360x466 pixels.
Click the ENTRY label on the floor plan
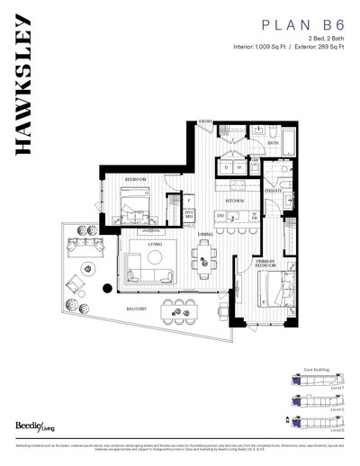pyautogui.click(x=205, y=122)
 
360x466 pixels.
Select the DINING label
pyautogui.click(x=205, y=237)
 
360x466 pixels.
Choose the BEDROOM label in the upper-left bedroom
pyautogui.click(x=135, y=180)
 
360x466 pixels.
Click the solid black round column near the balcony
pyautogui.click(x=109, y=289)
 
